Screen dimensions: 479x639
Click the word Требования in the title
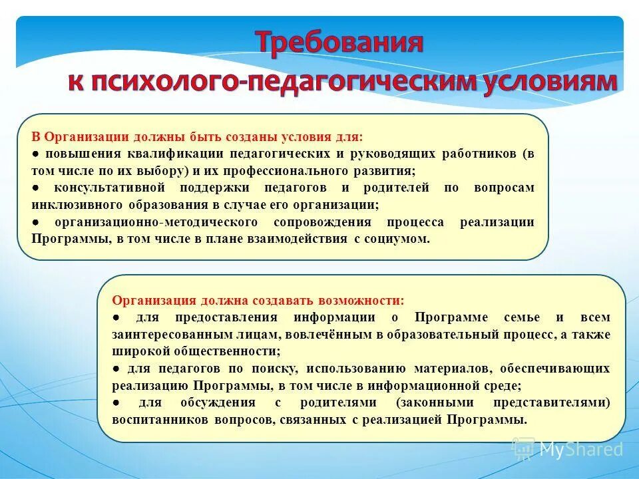point(340,43)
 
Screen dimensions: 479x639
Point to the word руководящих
point(397,154)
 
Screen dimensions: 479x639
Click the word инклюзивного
point(71,204)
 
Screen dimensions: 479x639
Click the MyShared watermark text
point(580,450)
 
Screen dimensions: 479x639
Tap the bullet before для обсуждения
point(116,402)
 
